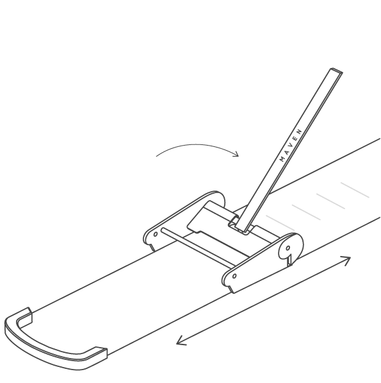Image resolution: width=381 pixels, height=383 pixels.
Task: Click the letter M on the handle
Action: [282, 158]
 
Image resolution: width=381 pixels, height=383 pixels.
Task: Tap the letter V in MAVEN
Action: [291, 144]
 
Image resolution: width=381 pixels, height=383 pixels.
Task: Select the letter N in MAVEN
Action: [300, 131]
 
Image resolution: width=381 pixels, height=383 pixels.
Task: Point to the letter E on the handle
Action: [296, 138]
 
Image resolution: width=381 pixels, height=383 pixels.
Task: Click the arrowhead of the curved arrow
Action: [236, 153]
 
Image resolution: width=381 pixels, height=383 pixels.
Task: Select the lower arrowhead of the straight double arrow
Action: [181, 341]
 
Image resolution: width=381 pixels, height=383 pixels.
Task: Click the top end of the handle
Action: [336, 71]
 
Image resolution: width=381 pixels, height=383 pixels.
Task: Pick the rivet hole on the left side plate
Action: [155, 234]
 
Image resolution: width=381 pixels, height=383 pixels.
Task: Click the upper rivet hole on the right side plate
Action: [288, 248]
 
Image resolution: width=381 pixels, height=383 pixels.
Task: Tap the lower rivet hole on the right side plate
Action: [234, 276]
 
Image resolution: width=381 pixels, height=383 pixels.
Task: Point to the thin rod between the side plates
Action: [197, 248]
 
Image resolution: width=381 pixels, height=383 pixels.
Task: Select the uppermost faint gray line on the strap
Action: [355, 190]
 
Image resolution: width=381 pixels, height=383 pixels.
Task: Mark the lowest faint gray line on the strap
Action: [280, 223]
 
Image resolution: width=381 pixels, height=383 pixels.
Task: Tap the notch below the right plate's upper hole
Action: [289, 260]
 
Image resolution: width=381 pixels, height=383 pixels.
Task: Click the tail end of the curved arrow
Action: [156, 156]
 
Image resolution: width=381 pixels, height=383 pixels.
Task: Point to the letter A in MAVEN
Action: [287, 151]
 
